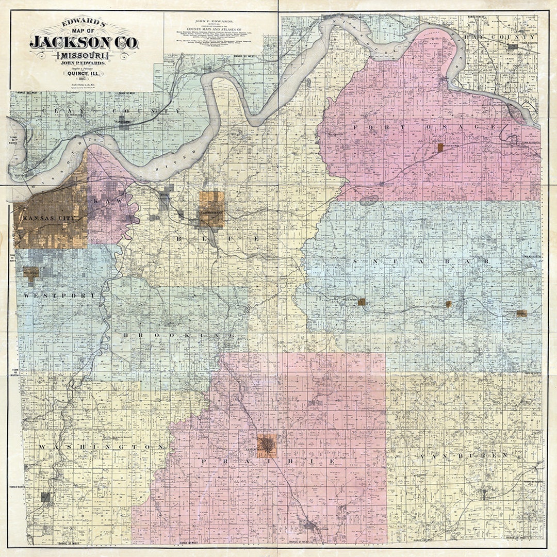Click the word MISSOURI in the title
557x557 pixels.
[x=84, y=55]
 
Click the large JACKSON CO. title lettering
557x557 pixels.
[x=84, y=42]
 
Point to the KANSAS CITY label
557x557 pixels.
[x=49, y=219]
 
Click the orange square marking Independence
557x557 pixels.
[x=211, y=209]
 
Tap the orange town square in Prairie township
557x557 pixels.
[x=267, y=446]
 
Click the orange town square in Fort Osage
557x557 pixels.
[x=440, y=148]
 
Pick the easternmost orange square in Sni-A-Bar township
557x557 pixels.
[x=521, y=313]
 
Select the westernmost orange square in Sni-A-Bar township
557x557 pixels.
[x=362, y=302]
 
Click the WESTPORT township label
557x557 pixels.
[x=59, y=296]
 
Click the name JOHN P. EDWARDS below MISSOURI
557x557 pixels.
[x=84, y=64]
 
